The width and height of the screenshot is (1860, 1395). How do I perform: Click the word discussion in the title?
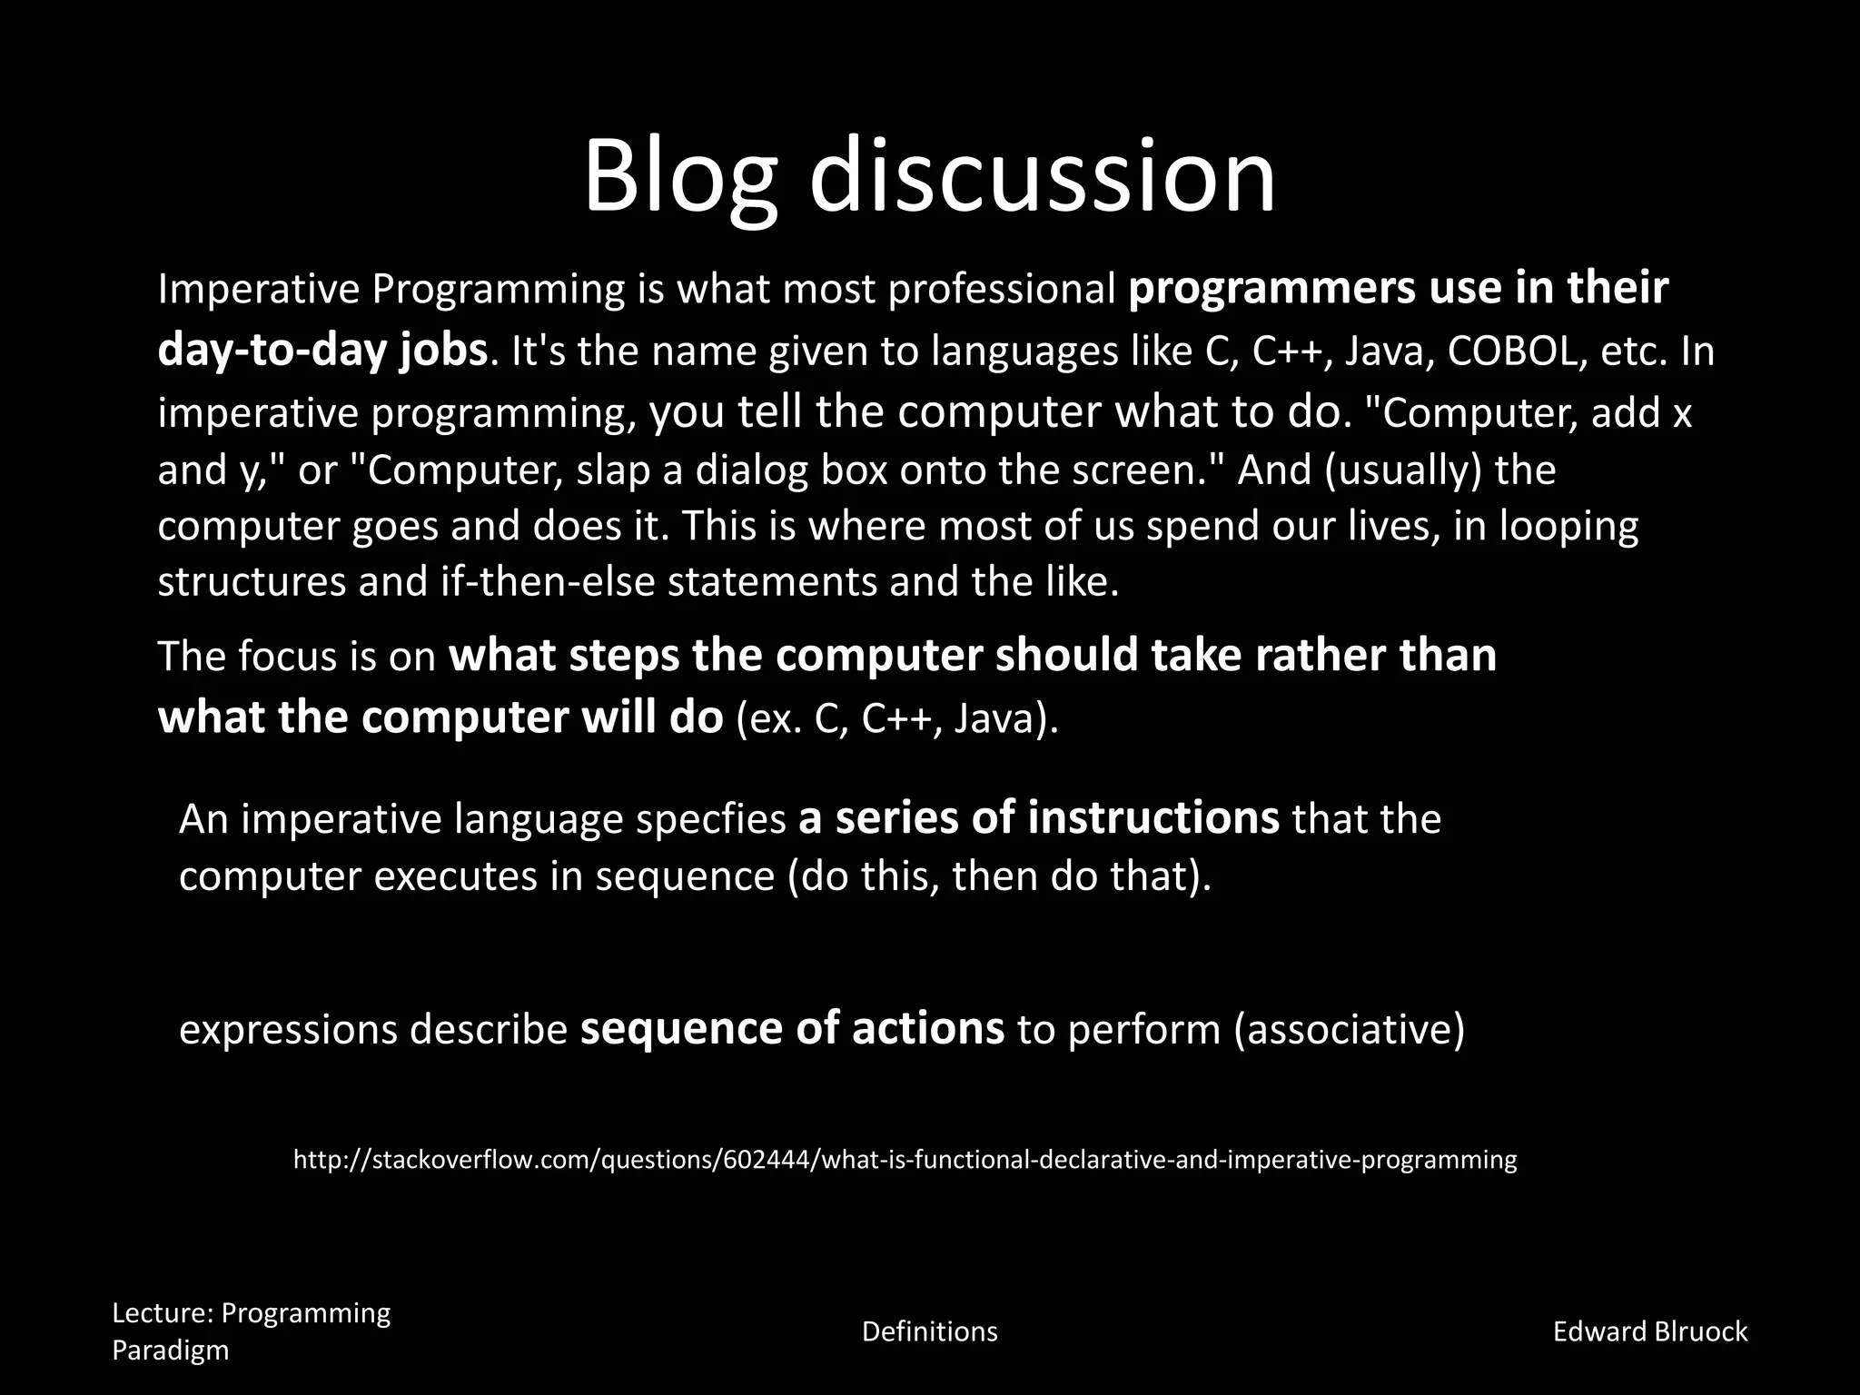(x=1042, y=174)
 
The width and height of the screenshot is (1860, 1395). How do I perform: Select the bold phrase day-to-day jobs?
(x=322, y=351)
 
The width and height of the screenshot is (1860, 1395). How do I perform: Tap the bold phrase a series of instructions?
(x=1039, y=817)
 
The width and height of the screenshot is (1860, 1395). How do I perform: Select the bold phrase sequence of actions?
(x=792, y=1028)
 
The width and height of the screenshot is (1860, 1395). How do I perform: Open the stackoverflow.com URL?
(x=905, y=1160)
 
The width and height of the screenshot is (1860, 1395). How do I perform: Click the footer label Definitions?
(x=929, y=1331)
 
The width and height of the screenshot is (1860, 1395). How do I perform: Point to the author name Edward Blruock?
(x=1649, y=1331)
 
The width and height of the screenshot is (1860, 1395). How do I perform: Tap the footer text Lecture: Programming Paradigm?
(x=251, y=1331)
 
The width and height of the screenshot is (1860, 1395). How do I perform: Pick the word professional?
(x=1002, y=290)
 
